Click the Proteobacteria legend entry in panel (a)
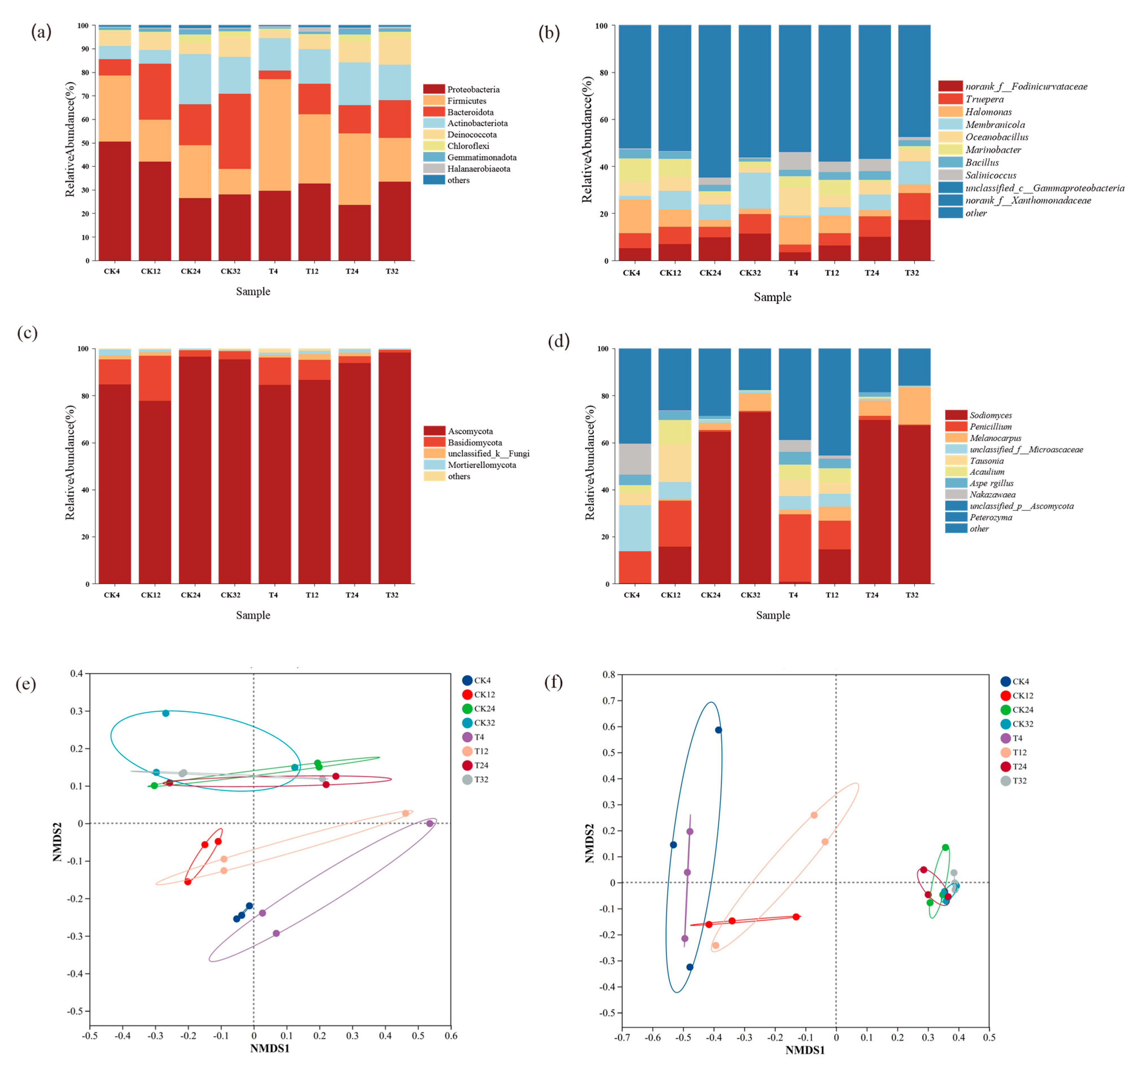[x=473, y=90]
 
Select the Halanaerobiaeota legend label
[x=478, y=169]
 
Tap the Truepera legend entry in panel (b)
[x=984, y=99]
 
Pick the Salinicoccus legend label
[x=991, y=175]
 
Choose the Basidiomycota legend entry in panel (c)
[x=474, y=442]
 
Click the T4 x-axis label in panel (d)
[x=793, y=595]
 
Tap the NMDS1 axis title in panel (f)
[x=805, y=1050]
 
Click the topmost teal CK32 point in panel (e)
[x=166, y=713]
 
